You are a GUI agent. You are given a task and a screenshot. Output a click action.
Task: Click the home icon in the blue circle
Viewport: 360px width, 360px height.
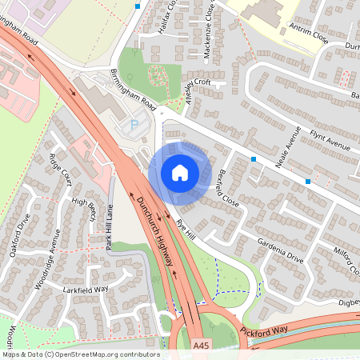(x=179, y=173)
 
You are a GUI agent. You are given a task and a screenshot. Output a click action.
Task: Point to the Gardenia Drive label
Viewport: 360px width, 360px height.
(x=280, y=251)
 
